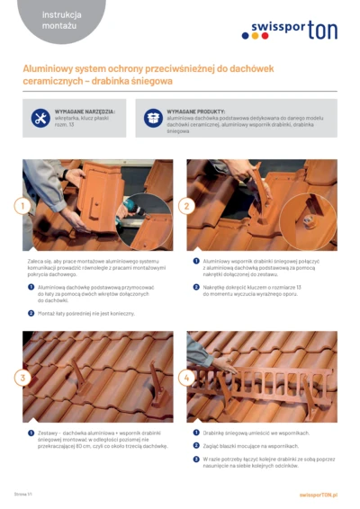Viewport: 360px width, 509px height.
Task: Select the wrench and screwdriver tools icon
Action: (x=40, y=118)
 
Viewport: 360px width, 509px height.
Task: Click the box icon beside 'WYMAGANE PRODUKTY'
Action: (x=154, y=118)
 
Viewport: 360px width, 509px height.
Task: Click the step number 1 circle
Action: (x=21, y=206)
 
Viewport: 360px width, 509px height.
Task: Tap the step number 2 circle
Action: (x=187, y=206)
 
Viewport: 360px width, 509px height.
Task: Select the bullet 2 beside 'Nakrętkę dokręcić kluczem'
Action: (x=196, y=287)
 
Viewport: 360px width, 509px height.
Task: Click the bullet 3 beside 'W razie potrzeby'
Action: (x=196, y=459)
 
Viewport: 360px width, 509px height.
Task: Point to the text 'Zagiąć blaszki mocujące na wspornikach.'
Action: (x=256, y=445)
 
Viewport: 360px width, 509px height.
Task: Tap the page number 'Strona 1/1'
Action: (x=24, y=495)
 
